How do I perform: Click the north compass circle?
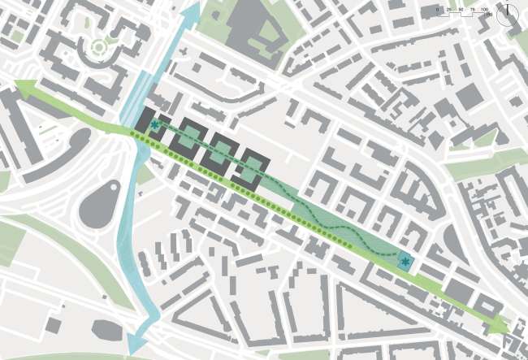[x=511, y=11]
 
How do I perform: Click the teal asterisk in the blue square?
[x=405, y=262]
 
